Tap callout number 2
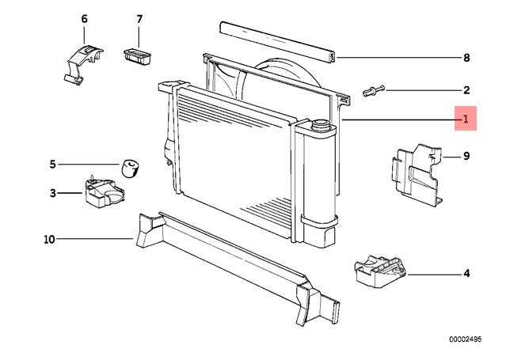466,90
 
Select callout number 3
53,192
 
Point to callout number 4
466,274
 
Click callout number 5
53,165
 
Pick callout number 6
85,18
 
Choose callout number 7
139,18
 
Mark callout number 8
466,58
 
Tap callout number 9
466,156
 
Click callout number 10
49,239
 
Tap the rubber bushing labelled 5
129,167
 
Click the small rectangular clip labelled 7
136,55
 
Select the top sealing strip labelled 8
277,40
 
